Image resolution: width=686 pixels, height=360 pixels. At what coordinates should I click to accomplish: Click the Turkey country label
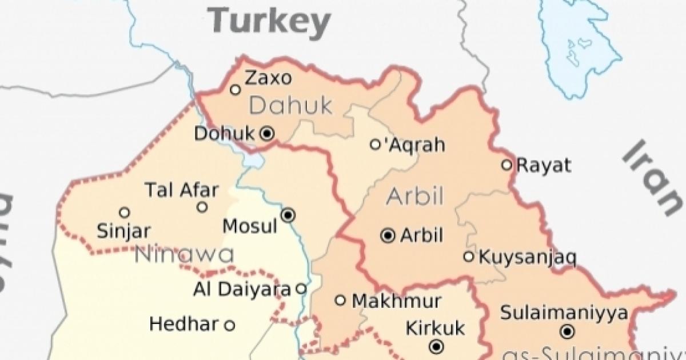pos(269,21)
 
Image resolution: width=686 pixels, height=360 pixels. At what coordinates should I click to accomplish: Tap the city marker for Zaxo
pos(234,89)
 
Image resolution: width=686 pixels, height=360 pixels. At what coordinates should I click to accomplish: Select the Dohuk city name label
pos(224,134)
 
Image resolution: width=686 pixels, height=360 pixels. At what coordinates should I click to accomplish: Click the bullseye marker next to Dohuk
pos(267,134)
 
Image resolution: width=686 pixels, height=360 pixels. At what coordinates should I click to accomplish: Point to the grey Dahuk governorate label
pos(291,105)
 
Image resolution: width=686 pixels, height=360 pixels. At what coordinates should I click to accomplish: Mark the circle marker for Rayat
pos(506,165)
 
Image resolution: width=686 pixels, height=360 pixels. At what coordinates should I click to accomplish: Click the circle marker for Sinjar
pos(124,213)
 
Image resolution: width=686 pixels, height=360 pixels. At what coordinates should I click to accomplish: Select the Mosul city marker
pos(289,215)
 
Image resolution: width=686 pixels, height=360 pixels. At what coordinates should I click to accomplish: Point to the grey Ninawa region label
pos(184,255)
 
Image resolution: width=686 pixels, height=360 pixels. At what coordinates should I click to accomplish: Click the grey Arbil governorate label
pos(415,196)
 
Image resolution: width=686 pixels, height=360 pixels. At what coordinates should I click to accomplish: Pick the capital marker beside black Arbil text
pos(388,235)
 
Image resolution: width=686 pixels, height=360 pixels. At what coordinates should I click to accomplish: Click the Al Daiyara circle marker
pos(301,289)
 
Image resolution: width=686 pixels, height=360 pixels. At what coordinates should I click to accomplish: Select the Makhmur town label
pos(396,301)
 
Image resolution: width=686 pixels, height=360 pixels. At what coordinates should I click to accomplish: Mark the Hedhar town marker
pos(229,326)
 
